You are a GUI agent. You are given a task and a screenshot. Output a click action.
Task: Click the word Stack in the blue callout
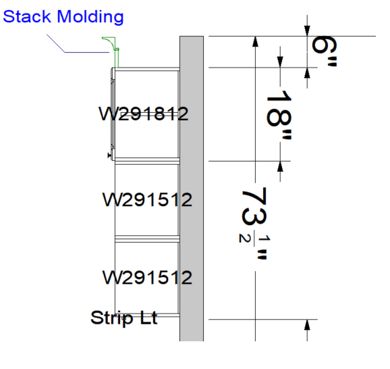tap(27, 16)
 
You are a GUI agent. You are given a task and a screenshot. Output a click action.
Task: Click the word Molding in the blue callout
tap(90, 16)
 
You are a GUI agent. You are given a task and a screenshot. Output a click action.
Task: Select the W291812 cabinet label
tap(144, 114)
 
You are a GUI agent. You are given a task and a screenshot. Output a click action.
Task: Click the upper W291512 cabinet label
tap(148, 199)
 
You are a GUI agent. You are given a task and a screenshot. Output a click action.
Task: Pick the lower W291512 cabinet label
tap(148, 277)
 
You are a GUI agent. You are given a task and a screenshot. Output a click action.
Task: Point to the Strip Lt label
tap(124, 318)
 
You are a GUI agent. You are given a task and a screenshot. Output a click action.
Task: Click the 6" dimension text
tap(324, 51)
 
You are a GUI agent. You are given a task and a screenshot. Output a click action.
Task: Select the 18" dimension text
tap(279, 115)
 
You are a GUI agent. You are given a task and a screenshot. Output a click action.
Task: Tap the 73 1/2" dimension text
tap(254, 224)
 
